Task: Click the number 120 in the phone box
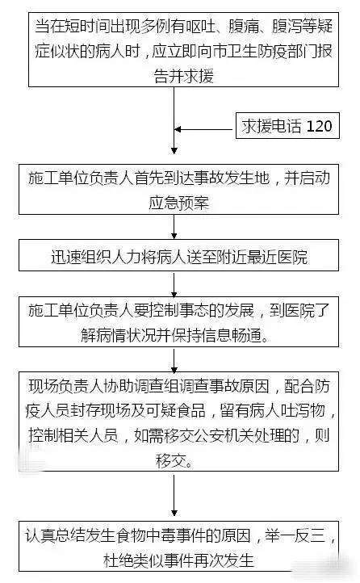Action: (x=319, y=127)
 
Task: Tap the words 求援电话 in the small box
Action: (x=271, y=127)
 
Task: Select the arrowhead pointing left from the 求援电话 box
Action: (x=178, y=129)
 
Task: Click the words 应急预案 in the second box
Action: (x=178, y=203)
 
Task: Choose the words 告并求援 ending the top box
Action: (x=183, y=76)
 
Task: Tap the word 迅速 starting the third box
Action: (x=66, y=257)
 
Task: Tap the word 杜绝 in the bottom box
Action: (x=118, y=560)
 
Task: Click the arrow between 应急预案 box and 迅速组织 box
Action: (x=174, y=227)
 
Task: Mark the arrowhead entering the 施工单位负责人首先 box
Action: (x=174, y=150)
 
